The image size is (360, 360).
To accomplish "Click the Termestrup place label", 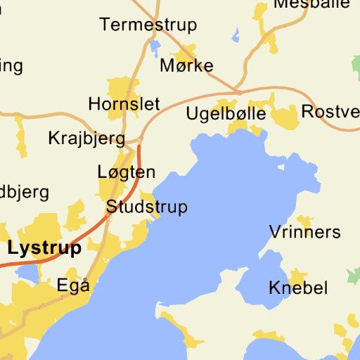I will (x=148, y=25).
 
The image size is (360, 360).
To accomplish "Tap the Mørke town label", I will (x=186, y=66).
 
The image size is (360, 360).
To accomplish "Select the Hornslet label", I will (x=124, y=104).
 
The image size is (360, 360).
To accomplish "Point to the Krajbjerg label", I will (x=86, y=138).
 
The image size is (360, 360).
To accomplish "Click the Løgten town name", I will (x=126, y=172).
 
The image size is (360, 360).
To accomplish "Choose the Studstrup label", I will (x=146, y=207).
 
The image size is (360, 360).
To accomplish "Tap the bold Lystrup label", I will (x=44, y=248).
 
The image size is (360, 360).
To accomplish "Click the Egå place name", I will (x=73, y=285).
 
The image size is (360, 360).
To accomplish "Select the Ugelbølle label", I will (x=226, y=113).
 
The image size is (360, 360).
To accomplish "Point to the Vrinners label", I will (x=304, y=232).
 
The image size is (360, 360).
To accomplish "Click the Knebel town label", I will (x=298, y=288).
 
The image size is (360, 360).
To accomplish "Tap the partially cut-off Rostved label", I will (x=330, y=111).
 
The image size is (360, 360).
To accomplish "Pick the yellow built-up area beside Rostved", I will (x=286, y=117).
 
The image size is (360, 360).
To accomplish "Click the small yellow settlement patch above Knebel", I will (x=299, y=274).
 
